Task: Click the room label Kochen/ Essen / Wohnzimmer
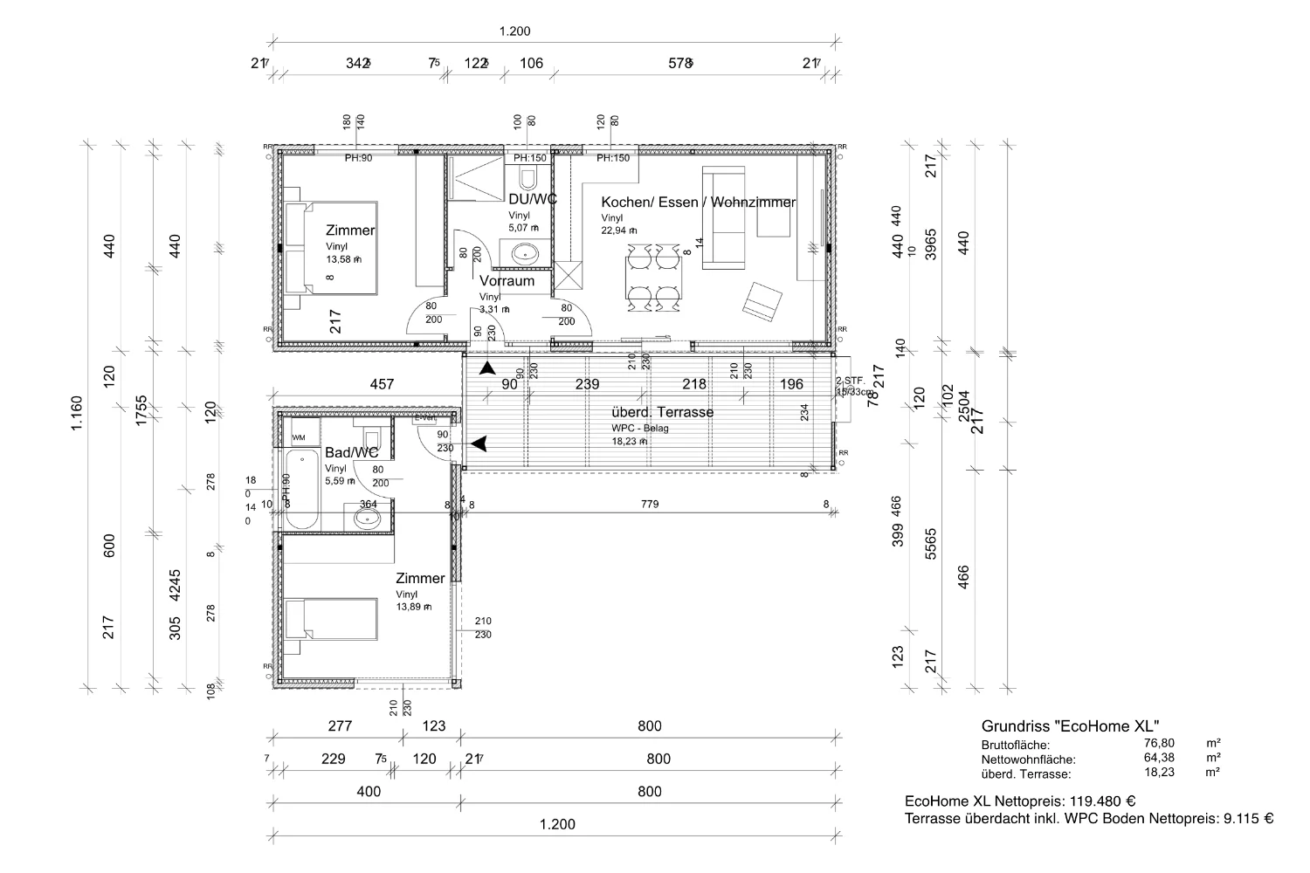698,202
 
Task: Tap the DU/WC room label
533,199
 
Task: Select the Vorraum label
507,281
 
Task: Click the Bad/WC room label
351,452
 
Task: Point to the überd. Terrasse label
662,412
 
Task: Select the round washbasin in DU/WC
526,254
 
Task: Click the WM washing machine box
299,436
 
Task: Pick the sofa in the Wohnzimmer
728,216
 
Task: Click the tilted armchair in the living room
762,299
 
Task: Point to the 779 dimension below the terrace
649,504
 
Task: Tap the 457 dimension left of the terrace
382,383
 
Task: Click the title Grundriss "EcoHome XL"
1070,725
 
